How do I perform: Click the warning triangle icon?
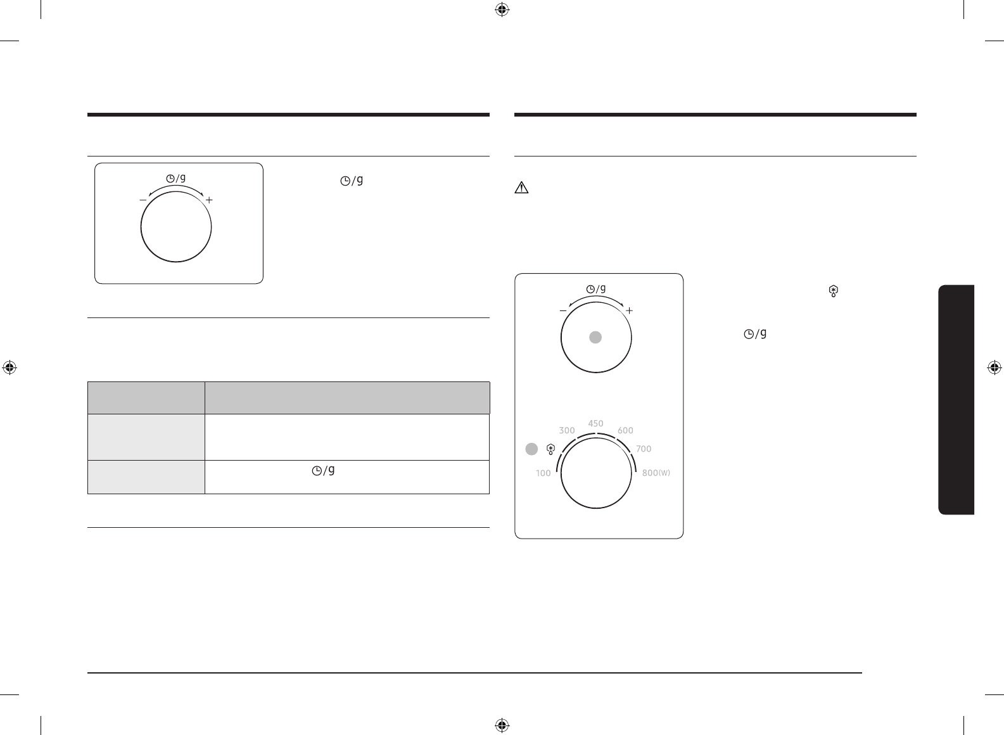(521, 188)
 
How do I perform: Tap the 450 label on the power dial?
(595, 423)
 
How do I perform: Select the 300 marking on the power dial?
(566, 430)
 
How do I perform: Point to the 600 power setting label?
(625, 430)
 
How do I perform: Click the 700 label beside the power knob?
(644, 449)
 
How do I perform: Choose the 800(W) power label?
(656, 473)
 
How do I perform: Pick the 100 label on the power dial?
(543, 473)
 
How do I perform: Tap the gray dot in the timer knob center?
(595, 337)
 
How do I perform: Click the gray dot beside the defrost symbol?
(531, 449)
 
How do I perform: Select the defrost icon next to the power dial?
(551, 449)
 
